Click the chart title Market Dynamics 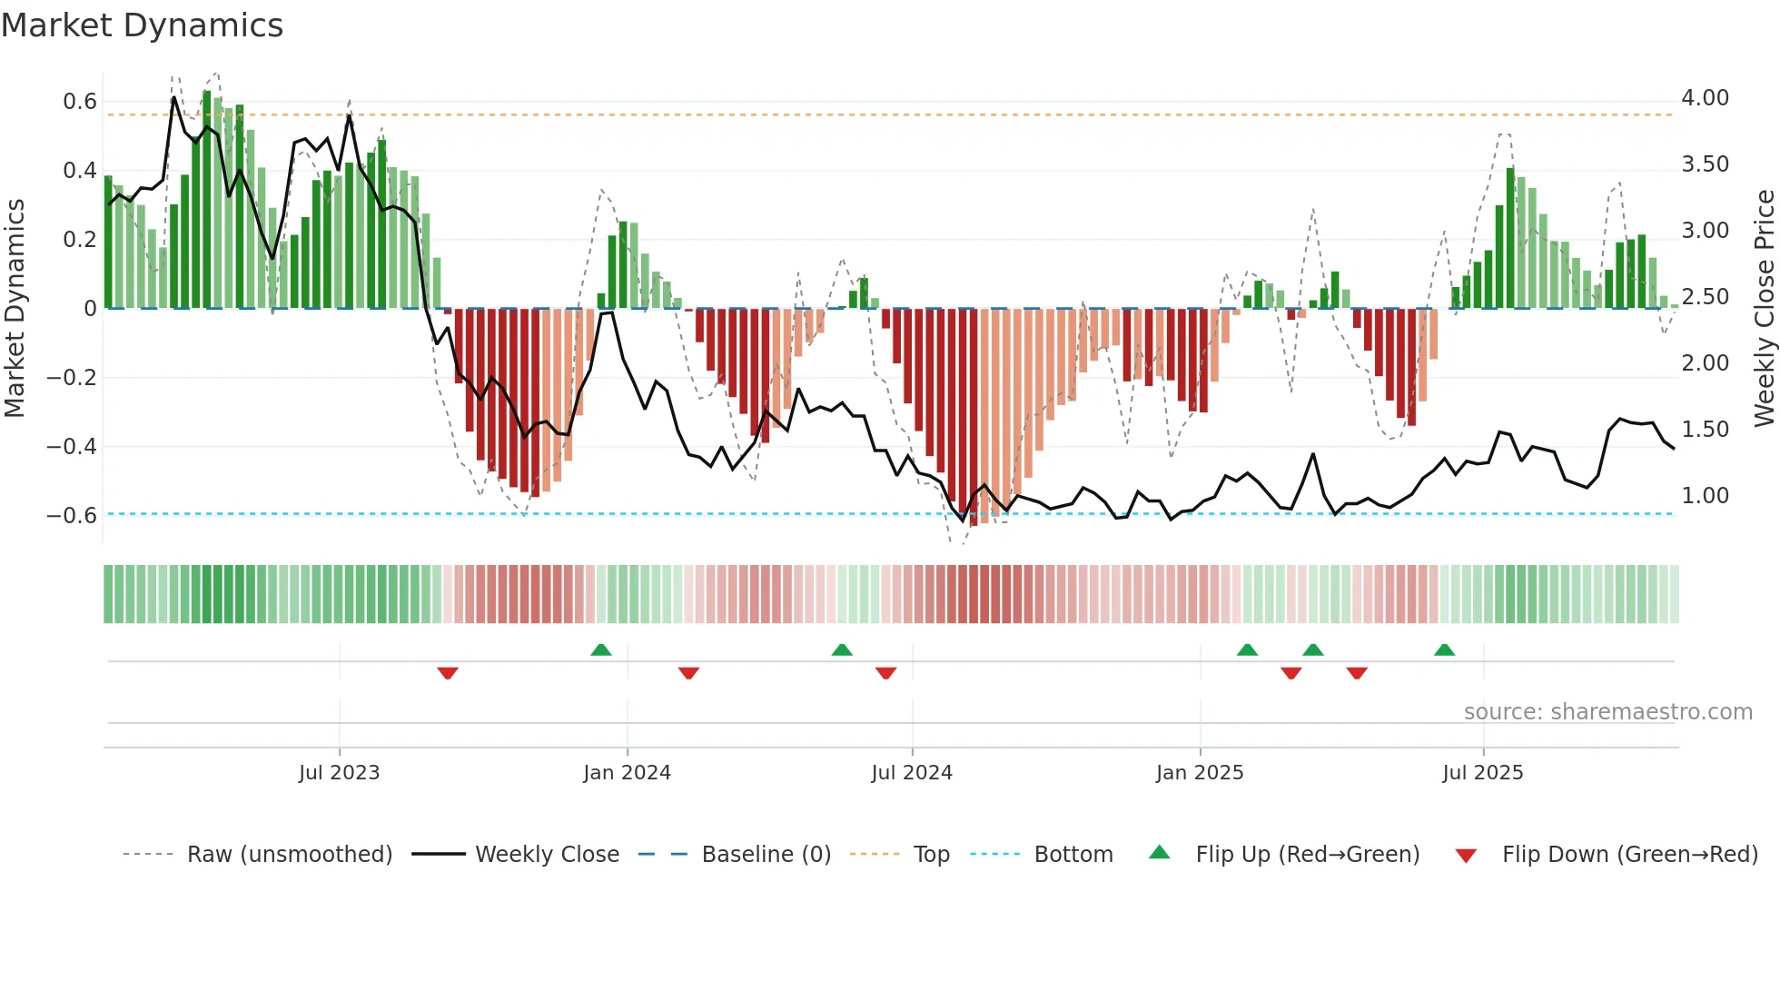(x=143, y=25)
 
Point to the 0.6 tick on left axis (x=80, y=102)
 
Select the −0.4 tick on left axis (x=72, y=446)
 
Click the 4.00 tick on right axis (x=1705, y=98)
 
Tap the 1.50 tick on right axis (x=1705, y=430)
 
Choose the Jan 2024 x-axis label (x=627, y=773)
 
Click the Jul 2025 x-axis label (x=1482, y=773)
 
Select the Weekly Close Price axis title (x=1764, y=308)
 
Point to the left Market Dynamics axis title (x=15, y=308)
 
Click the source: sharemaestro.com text (x=1607, y=712)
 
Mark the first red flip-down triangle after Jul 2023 (x=448, y=673)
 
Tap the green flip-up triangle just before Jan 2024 (x=600, y=649)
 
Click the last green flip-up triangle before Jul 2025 (x=1444, y=649)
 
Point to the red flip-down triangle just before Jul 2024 (x=885, y=673)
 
